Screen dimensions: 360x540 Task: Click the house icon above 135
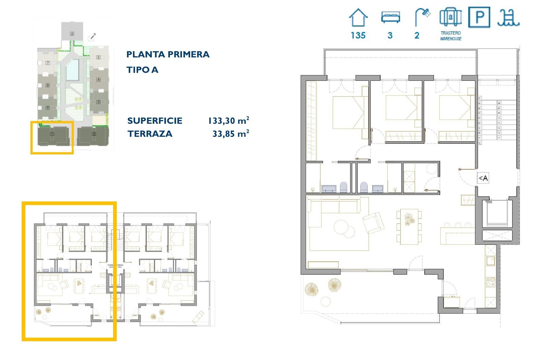coord(358,17)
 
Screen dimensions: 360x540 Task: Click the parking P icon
coord(479,17)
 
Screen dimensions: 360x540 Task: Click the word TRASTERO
coord(451,33)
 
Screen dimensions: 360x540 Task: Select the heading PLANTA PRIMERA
coord(168,54)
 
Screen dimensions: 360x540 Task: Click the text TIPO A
coord(142,70)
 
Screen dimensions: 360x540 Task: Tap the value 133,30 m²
coord(228,121)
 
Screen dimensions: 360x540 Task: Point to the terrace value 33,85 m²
coord(231,134)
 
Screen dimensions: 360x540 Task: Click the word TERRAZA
coord(150,134)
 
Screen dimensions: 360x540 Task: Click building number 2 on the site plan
coord(94,134)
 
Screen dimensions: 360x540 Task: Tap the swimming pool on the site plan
coord(72,70)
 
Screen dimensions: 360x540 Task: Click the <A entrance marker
coord(483,178)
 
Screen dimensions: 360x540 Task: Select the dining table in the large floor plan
coord(409,226)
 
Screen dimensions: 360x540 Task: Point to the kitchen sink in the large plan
coord(491,260)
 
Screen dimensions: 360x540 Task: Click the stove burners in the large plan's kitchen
coord(491,282)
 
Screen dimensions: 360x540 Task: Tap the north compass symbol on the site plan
coord(92,37)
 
